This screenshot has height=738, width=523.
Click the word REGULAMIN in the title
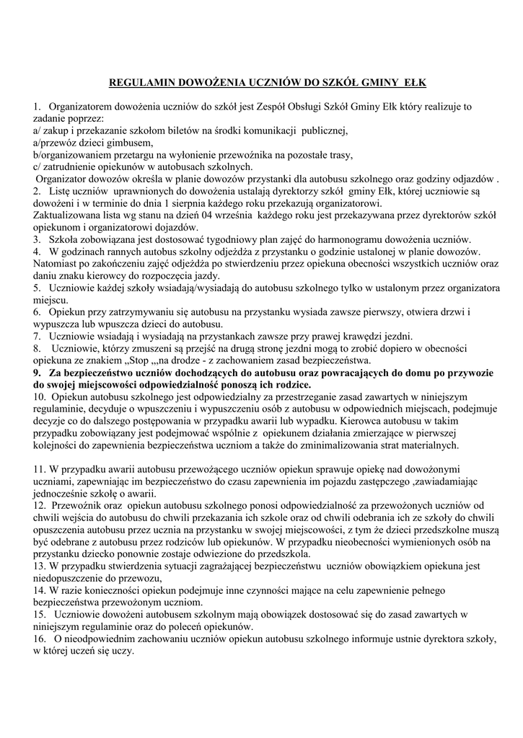pyautogui.click(x=140, y=83)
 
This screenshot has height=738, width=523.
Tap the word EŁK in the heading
pyautogui.click(x=414, y=83)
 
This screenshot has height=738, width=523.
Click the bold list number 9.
pyautogui.click(x=38, y=372)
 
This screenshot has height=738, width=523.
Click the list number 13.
pyautogui.click(x=39, y=566)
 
